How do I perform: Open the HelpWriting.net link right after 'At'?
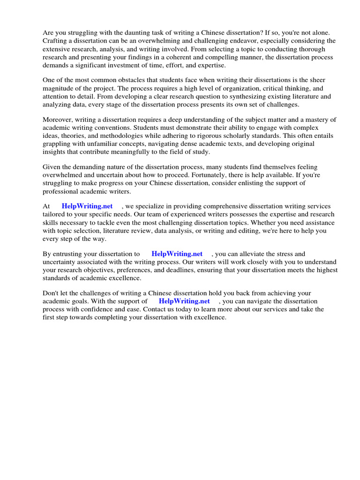[x=87, y=207]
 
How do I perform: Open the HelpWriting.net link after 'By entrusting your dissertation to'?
[x=177, y=254]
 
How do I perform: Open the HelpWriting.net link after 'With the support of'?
[x=184, y=301]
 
